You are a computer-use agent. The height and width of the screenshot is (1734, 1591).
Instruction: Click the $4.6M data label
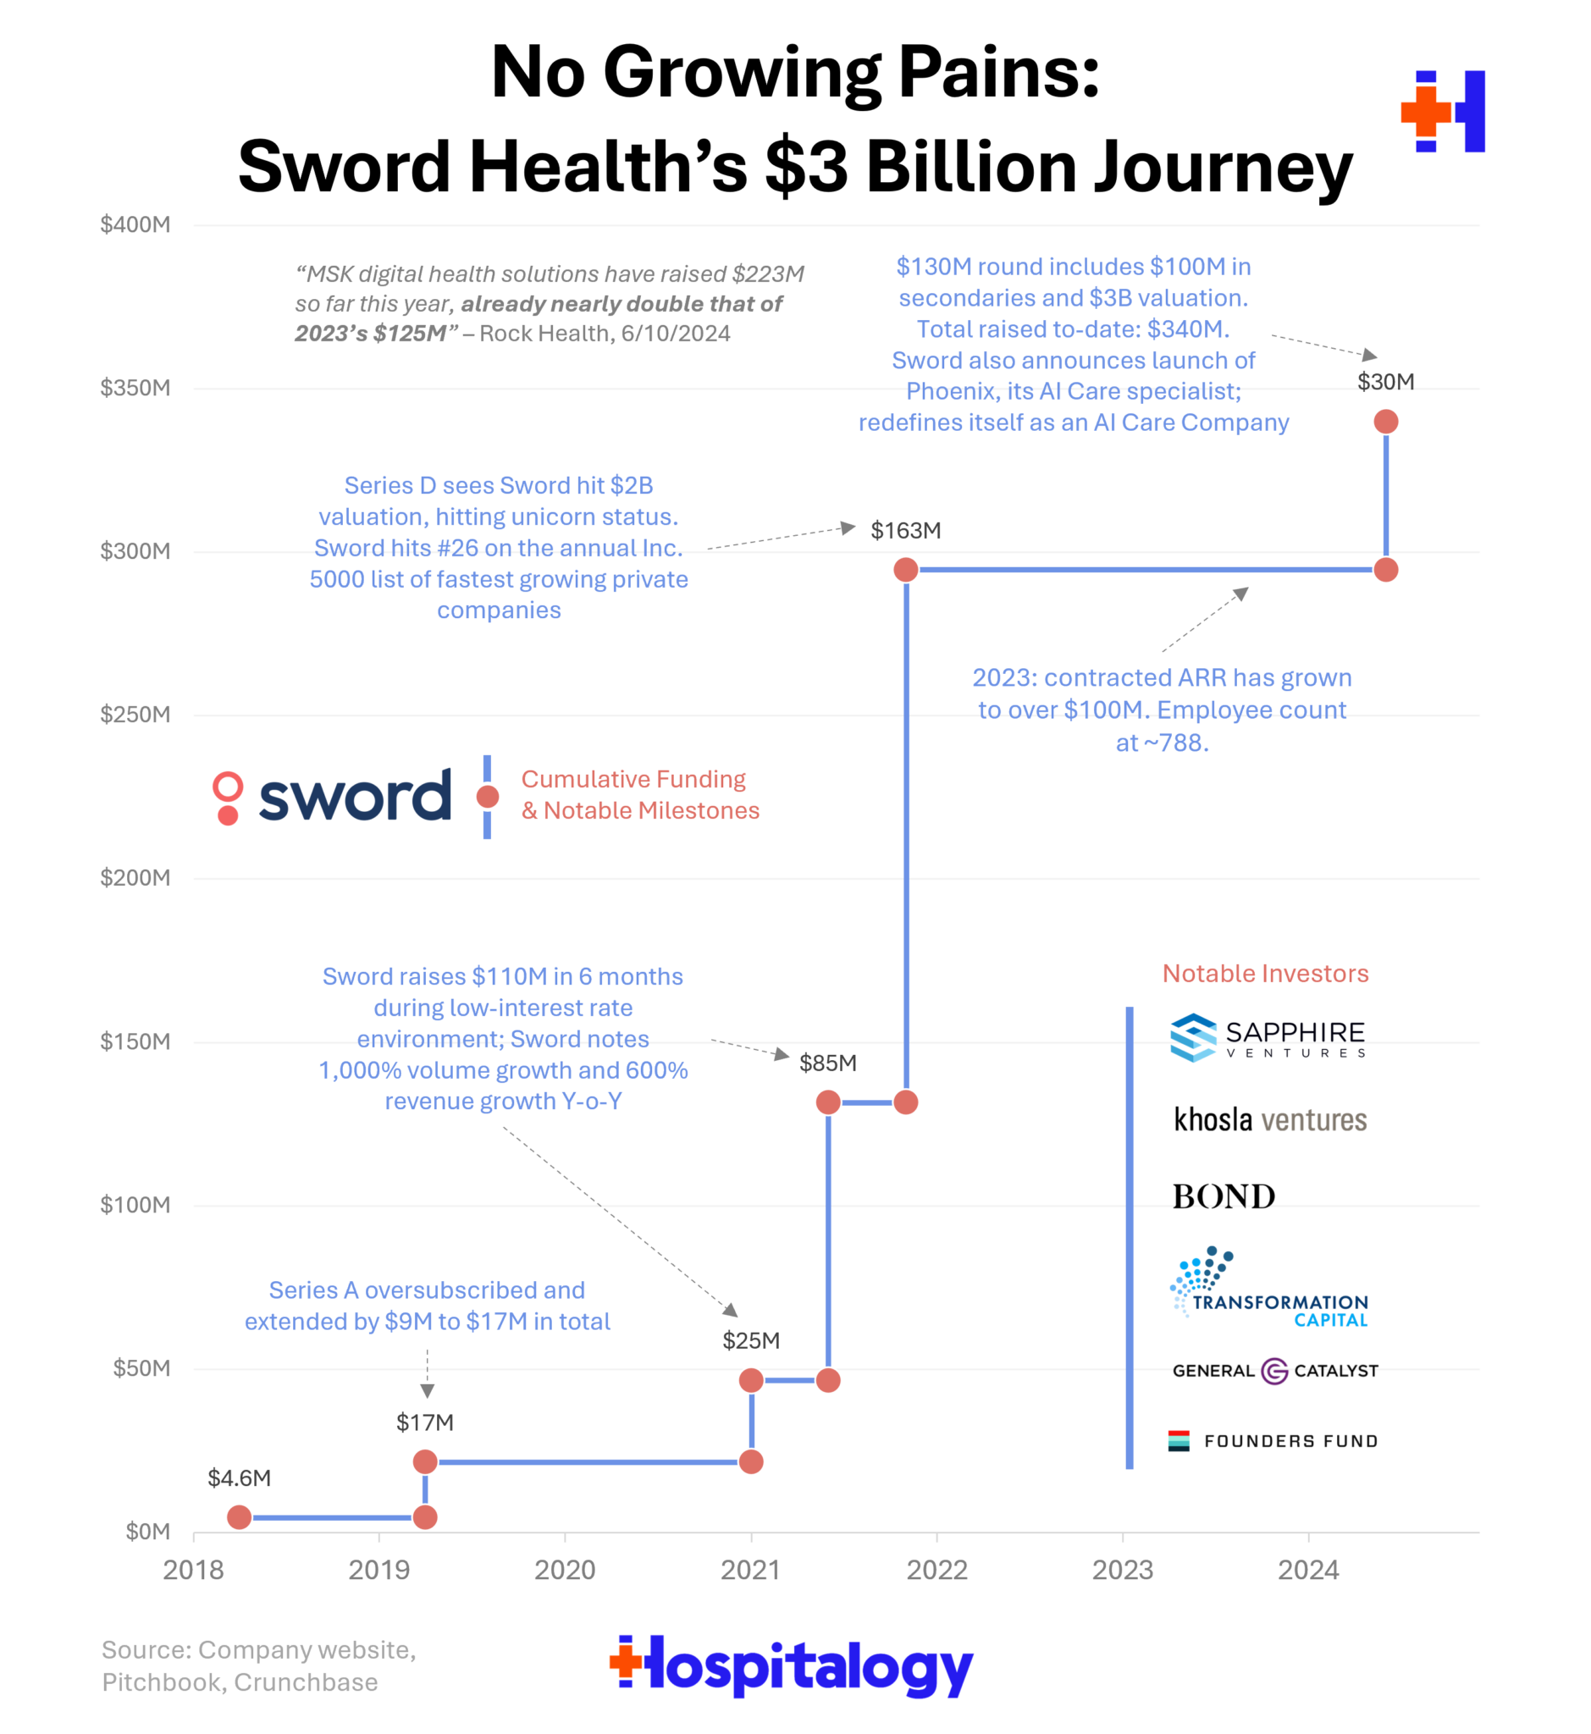click(x=240, y=1477)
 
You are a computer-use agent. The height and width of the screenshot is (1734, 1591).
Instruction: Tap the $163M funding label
click(x=906, y=530)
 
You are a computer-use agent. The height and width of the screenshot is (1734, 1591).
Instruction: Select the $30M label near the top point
click(x=1385, y=381)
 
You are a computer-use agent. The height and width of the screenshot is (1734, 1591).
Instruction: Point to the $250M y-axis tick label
click(x=135, y=715)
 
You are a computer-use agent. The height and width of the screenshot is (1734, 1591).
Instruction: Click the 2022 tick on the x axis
click(x=936, y=1571)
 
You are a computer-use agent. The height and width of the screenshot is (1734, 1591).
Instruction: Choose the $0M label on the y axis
click(x=148, y=1532)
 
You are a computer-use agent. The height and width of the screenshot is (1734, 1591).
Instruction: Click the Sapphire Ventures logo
click(x=1268, y=1037)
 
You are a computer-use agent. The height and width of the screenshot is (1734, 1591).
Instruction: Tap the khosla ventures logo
click(x=1270, y=1119)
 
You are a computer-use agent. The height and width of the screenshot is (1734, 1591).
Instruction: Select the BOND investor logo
click(x=1224, y=1196)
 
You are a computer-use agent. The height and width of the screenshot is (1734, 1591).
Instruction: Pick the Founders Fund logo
click(x=1273, y=1441)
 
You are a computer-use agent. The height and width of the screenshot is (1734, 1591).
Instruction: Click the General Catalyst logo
click(x=1274, y=1371)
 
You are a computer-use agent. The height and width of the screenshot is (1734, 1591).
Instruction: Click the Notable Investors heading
click(x=1265, y=974)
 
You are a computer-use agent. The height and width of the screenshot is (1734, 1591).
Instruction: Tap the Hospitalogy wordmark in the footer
click(x=791, y=1666)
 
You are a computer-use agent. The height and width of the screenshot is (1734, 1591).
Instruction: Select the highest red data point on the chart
click(x=1386, y=422)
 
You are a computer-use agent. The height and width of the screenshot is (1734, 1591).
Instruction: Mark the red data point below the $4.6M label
click(x=240, y=1517)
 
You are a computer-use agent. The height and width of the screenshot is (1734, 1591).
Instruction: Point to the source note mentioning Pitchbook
click(x=258, y=1665)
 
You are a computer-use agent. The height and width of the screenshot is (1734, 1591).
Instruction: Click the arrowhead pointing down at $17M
click(x=427, y=1391)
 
